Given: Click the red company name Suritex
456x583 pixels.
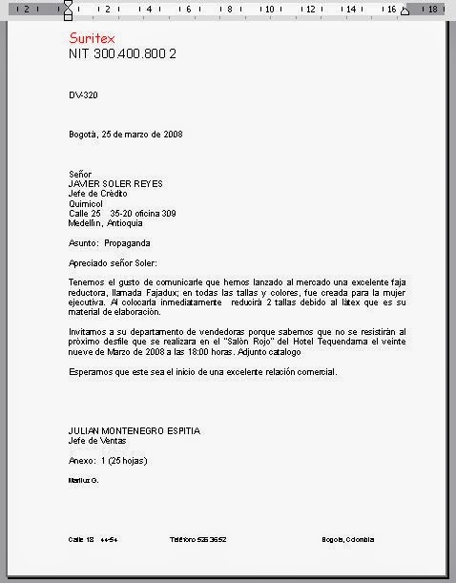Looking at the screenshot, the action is (x=93, y=38).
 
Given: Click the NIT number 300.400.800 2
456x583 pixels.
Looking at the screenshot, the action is (x=122, y=53).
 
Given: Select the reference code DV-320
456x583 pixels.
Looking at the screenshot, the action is (x=83, y=96).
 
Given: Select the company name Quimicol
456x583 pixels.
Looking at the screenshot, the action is (x=88, y=203).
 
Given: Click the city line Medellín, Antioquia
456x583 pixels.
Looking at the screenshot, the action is (x=106, y=223).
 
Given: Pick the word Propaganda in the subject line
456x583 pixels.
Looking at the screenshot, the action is (x=127, y=243).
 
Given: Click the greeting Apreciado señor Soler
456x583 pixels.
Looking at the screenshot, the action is (x=113, y=262).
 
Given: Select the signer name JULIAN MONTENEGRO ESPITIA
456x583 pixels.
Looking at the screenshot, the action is (x=135, y=431).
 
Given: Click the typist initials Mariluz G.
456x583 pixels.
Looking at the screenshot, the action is (x=84, y=480).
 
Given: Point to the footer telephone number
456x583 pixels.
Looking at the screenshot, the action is (x=198, y=540).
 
